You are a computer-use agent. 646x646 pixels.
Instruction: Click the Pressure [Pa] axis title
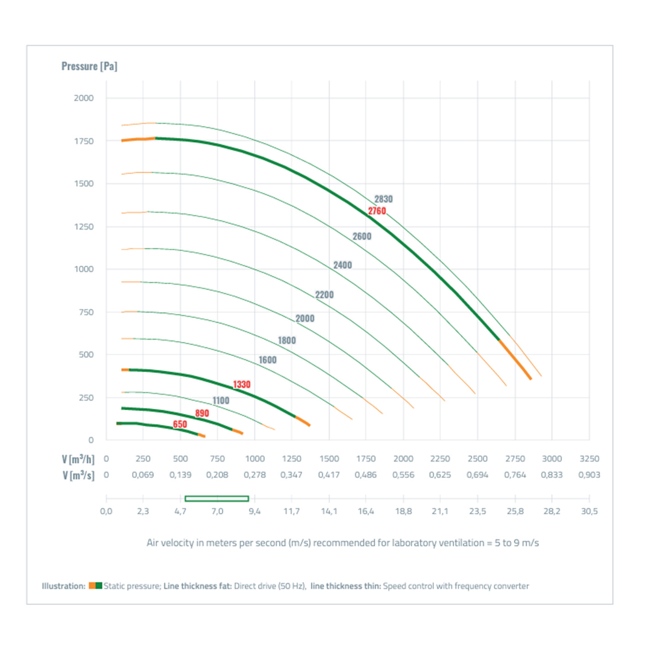[x=89, y=67]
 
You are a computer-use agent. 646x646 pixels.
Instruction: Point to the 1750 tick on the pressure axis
[x=84, y=141]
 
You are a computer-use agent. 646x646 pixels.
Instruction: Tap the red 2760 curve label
[x=377, y=211]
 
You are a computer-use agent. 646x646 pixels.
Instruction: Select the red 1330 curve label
[x=242, y=384]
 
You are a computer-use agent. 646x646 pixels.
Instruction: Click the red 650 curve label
[x=180, y=424]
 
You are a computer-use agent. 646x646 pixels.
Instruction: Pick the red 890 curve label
[x=202, y=413]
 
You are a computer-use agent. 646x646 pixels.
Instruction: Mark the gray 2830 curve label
[x=383, y=199]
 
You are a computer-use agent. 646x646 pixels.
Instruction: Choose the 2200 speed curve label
[x=324, y=295]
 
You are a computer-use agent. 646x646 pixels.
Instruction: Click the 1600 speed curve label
[x=268, y=360]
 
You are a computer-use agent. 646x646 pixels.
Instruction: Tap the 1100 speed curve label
[x=221, y=401]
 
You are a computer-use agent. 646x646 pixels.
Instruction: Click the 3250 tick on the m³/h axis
[x=589, y=459]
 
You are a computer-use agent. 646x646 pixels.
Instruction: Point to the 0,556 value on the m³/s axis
[x=403, y=475]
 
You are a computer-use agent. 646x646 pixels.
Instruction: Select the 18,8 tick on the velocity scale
[x=403, y=512]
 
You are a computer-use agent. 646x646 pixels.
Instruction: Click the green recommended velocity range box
[x=217, y=499]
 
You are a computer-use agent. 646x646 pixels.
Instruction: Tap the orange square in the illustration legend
[x=92, y=586]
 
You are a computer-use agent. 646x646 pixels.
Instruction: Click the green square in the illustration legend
[x=99, y=586]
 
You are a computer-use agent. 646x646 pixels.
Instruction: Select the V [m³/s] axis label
[x=78, y=475]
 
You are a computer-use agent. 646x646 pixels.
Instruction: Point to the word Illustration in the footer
[x=63, y=586]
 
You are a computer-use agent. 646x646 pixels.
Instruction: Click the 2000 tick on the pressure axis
[x=84, y=98]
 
